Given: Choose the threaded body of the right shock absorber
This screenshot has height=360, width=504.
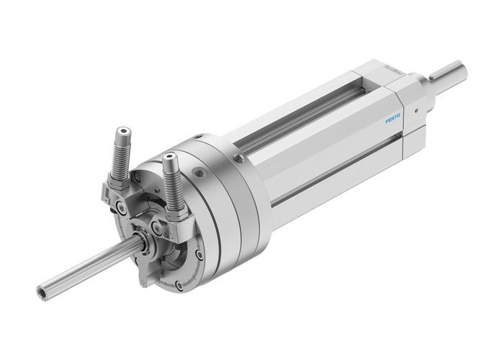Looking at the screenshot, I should pyautogui.click(x=172, y=181).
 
